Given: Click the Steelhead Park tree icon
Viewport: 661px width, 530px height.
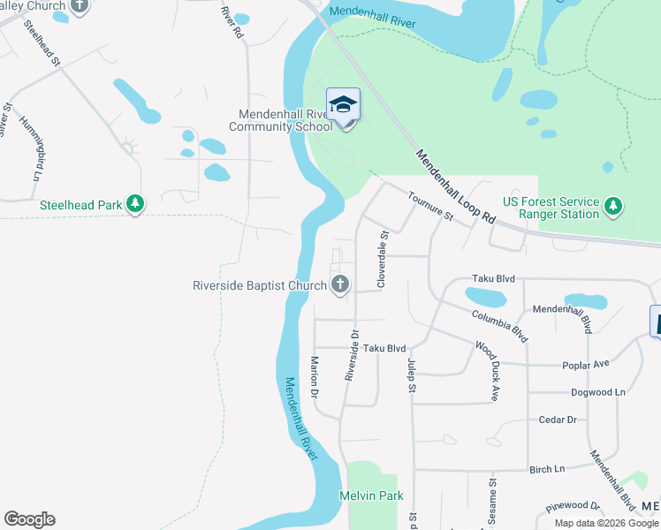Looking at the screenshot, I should (134, 205).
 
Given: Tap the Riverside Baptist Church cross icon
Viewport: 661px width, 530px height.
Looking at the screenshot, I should (339, 284).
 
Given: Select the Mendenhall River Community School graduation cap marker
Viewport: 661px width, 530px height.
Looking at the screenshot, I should (343, 106).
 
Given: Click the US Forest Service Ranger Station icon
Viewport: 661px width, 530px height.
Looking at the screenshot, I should (613, 208).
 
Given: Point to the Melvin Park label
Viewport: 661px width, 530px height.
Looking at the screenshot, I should (371, 496).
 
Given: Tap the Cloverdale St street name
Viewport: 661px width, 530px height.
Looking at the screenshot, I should (383, 260).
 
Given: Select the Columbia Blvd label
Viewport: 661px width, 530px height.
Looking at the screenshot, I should (499, 325).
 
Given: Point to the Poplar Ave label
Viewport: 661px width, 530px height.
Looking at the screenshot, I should (586, 364).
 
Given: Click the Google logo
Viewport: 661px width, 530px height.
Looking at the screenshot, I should (29, 519).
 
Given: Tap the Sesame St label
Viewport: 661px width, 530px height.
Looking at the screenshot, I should (492, 498).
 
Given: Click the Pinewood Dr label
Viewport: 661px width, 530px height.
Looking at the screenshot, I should (572, 506).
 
